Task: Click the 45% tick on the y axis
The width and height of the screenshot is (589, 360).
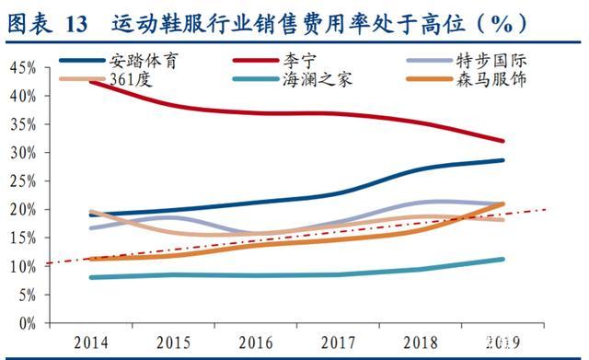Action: coord(22,67)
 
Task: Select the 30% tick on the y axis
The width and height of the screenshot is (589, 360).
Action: coord(22,153)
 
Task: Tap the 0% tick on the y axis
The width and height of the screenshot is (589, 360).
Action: coord(26,324)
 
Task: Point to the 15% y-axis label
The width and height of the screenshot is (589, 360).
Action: coord(22,238)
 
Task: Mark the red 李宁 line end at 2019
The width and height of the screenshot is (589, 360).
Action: coord(502,141)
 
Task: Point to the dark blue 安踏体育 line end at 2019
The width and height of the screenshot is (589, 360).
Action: coord(502,160)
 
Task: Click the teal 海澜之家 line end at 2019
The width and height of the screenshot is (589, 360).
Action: coord(502,259)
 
